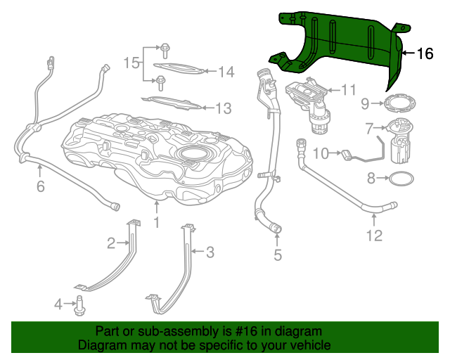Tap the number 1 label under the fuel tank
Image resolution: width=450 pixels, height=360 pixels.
pos(157,223)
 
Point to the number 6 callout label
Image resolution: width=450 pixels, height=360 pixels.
pos(40,186)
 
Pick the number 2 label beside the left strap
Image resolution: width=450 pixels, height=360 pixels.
pos(111,243)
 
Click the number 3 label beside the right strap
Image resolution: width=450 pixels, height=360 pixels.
pos(210,252)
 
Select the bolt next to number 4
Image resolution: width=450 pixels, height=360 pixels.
pos(78,305)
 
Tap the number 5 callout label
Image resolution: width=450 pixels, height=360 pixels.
pos(278,255)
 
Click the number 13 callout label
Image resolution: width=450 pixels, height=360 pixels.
pos(223,108)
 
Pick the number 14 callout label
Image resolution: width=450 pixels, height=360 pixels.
pos(225,71)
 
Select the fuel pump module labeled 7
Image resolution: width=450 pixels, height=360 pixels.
pos(399,141)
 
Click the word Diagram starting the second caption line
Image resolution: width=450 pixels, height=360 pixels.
pos(101,345)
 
